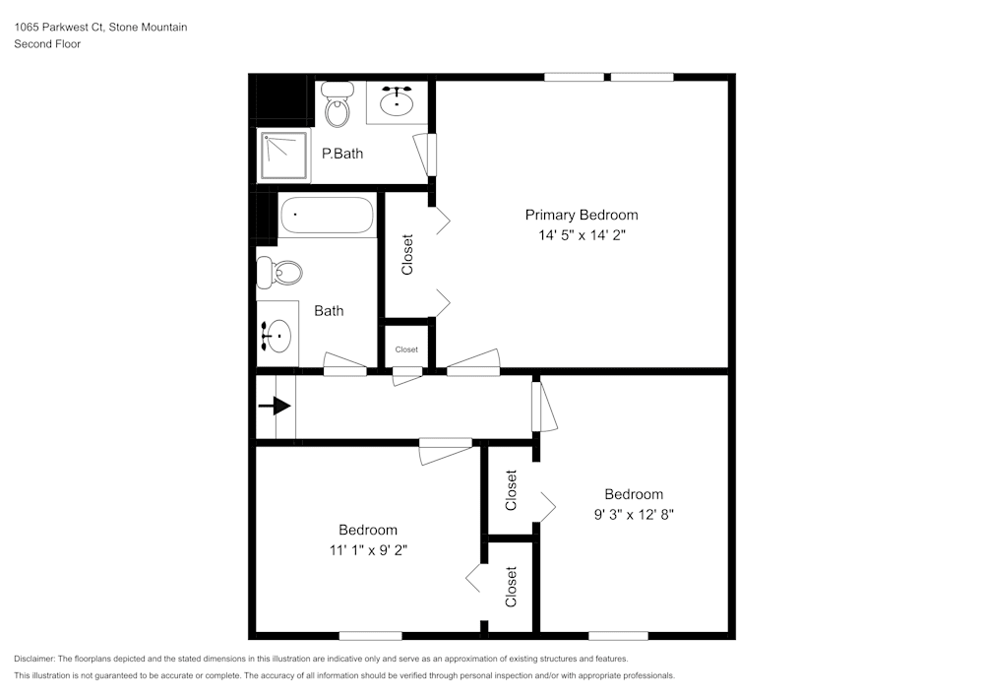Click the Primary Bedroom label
point(581,215)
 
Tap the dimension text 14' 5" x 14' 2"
point(581,235)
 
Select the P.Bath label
point(342,154)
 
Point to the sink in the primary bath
point(397,101)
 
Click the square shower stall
point(282,156)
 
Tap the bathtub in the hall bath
point(327,216)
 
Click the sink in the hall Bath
point(277,337)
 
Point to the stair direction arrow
point(276,406)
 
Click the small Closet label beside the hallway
point(406,349)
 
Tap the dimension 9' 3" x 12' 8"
point(633,514)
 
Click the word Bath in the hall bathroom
point(329,311)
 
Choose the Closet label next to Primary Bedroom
point(407,254)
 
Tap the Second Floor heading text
point(47,44)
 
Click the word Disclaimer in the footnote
point(34,659)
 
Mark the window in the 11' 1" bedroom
point(370,635)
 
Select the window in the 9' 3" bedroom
point(618,635)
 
